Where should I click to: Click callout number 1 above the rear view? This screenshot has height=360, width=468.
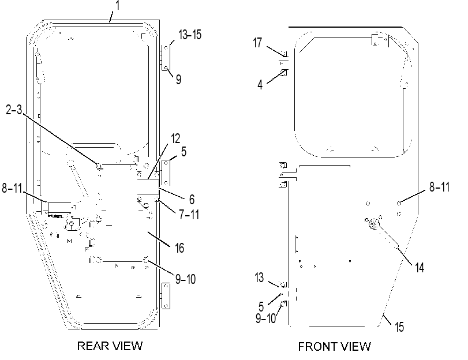tap(117, 5)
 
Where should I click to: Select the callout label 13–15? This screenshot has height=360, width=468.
tap(190, 35)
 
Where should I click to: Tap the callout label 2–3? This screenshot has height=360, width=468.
tap(14, 110)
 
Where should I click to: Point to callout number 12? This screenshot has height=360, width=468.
tap(176, 139)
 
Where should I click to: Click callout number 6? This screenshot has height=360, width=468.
tap(192, 199)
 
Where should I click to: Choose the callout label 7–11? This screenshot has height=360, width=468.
tap(189, 215)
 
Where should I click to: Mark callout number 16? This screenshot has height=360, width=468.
tap(179, 247)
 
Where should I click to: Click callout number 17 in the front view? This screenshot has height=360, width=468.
tap(257, 43)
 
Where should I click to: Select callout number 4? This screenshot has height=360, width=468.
tap(260, 85)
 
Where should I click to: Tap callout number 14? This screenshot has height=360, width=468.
tap(420, 268)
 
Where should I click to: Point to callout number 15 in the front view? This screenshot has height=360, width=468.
tap(399, 327)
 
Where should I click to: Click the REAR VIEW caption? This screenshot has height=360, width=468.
tap(110, 346)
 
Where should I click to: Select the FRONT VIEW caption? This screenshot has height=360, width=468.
tap(334, 346)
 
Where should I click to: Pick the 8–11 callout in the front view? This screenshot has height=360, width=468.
tap(439, 187)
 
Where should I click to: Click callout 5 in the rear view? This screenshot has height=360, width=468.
tap(184, 152)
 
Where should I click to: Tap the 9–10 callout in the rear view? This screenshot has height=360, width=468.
tap(185, 279)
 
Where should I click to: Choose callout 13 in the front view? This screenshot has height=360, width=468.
tap(259, 277)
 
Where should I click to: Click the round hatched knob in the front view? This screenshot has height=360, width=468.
tap(373, 224)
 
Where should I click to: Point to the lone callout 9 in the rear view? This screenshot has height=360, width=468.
tap(178, 80)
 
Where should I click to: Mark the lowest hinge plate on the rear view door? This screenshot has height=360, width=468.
tap(166, 296)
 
